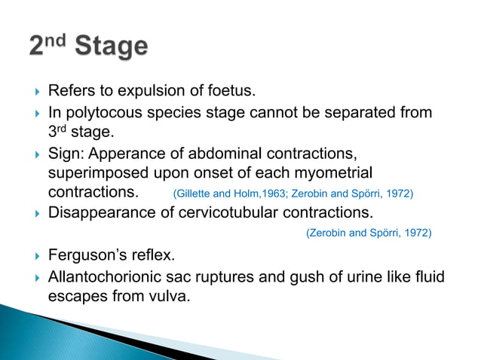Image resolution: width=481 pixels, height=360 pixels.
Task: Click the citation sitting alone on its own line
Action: point(368,233)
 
